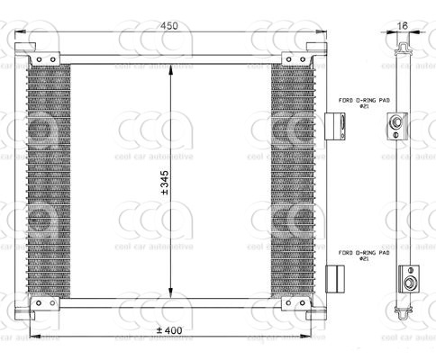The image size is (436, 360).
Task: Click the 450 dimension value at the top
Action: pyautogui.click(x=168, y=26)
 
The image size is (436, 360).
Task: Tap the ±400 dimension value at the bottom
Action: pyautogui.click(x=168, y=331)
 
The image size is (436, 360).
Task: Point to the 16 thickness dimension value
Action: pyautogui.click(x=402, y=26)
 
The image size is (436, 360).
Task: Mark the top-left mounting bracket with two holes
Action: pyautogui.click(x=44, y=59)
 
